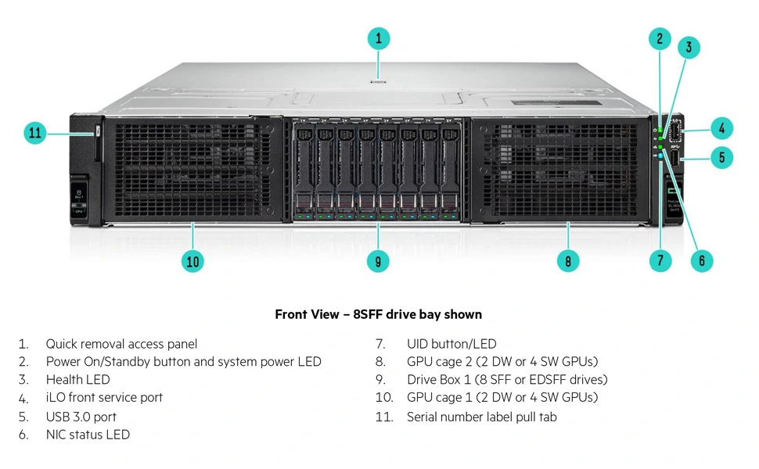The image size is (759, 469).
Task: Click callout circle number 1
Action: point(378,38)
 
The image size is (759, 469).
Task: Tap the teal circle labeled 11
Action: point(35,133)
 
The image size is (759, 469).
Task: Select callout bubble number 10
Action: point(192,261)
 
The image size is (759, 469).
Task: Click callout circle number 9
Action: point(378,261)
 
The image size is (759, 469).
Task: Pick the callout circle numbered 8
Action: point(568,261)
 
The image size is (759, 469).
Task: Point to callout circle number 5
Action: point(721,157)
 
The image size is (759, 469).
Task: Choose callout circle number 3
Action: point(689,48)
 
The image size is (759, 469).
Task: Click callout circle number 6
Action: point(701,261)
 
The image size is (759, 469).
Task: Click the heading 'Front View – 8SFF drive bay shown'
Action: point(378,314)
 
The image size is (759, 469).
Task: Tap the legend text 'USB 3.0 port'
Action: point(81,417)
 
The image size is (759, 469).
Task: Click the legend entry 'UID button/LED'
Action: point(451,344)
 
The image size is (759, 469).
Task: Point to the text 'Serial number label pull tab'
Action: point(481,417)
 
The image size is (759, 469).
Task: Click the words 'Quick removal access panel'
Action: point(121,344)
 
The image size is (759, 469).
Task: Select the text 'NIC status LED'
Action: point(88,435)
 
